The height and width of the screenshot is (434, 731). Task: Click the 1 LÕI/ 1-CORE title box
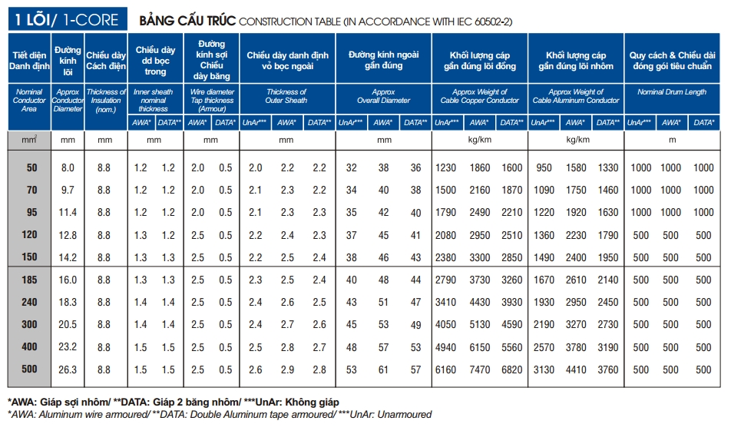(68, 18)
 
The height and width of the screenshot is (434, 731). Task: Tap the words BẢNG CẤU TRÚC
(187, 20)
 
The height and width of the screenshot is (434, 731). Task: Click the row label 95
(31, 213)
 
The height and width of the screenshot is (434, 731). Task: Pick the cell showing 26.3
(68, 370)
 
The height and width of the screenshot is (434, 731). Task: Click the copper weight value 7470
(478, 370)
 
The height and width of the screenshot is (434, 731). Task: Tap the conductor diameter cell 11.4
(68, 213)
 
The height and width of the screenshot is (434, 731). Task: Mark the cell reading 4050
(446, 325)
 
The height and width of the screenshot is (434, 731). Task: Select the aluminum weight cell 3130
(542, 370)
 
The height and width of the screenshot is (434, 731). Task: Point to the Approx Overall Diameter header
(383, 96)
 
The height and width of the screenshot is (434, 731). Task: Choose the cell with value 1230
(446, 168)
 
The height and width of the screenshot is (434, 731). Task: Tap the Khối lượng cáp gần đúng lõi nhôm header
(576, 61)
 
